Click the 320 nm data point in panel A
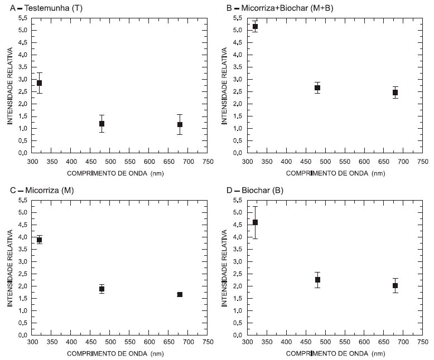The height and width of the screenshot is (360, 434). point(39,83)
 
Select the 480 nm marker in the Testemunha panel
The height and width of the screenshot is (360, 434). point(102,123)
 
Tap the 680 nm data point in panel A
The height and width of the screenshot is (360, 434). point(180,124)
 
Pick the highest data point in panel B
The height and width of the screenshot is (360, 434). point(255,26)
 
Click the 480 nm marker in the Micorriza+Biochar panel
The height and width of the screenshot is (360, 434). point(317,87)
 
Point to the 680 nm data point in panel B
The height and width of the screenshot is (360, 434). point(395,93)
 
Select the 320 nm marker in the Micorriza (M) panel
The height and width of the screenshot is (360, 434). point(39,240)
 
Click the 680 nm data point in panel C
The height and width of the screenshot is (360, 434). point(180,294)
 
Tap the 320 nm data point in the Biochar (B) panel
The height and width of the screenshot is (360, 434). point(255,222)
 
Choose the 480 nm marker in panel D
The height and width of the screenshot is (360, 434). point(317,280)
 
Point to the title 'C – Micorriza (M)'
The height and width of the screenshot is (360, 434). point(42,191)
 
